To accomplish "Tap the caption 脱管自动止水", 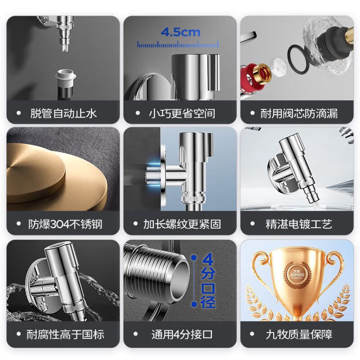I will coord(63,113).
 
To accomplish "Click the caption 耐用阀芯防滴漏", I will coord(299,113).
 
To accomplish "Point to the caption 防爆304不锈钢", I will coord(65,224).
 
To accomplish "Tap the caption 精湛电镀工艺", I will coord(299,224).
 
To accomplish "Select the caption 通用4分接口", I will coord(182,334).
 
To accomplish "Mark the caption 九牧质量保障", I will coord(299,334).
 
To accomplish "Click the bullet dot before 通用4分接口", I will coord(135,334).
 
